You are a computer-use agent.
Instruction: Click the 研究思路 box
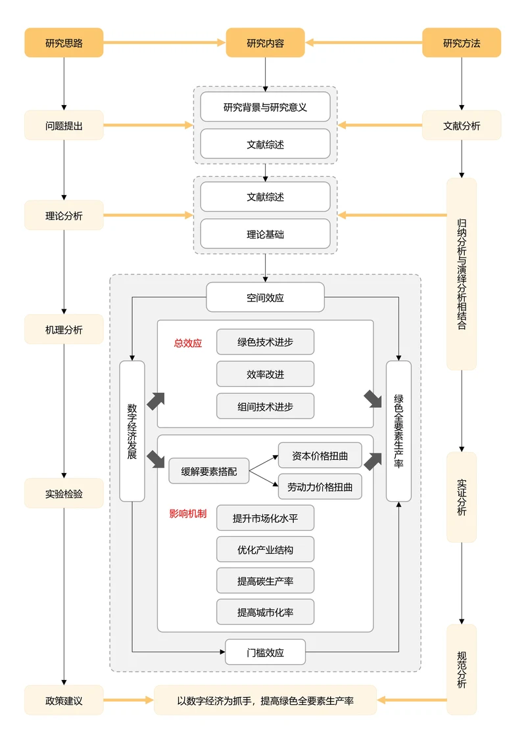[x=64, y=43]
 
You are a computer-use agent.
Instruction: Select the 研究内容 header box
[x=265, y=43]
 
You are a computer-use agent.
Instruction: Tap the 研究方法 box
[x=461, y=43]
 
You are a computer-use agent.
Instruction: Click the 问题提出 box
[x=64, y=125]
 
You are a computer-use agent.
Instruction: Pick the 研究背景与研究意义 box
[x=265, y=107]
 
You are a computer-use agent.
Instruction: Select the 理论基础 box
[x=265, y=234]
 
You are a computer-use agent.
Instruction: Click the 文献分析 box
[x=461, y=125]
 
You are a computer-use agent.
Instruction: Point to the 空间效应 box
[x=265, y=297]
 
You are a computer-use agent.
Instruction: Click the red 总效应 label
[x=187, y=343]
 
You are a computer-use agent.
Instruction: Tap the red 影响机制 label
[x=187, y=514]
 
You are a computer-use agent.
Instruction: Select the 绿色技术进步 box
[x=265, y=342]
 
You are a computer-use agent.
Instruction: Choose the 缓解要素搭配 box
[x=208, y=471]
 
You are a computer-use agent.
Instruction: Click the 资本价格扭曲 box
[x=320, y=455]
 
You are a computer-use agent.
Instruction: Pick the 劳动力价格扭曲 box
[x=320, y=487]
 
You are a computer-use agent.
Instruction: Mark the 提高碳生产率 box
[x=265, y=581]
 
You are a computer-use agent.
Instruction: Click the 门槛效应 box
[x=265, y=652]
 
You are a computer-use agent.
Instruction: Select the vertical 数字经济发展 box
[x=132, y=431]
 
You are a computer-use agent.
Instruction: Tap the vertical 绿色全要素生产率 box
[x=398, y=431]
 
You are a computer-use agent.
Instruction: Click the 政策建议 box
[x=64, y=700]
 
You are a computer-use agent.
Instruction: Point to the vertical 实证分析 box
[x=461, y=497]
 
